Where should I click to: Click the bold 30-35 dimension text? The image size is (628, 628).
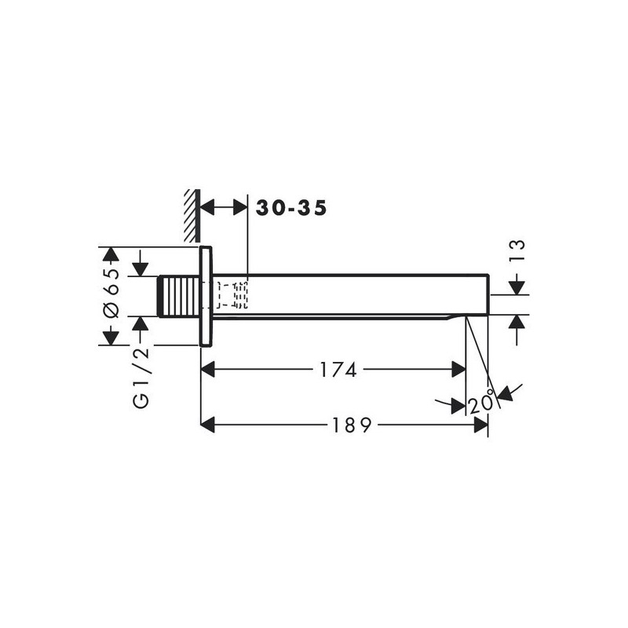pos(291,208)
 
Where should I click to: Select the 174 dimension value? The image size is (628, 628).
pos(338,370)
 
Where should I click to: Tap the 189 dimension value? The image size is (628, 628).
pos(352,425)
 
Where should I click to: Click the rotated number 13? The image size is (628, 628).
pos(517,250)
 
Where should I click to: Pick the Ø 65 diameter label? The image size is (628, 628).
pos(111,293)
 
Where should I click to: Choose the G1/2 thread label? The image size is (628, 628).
pos(141,378)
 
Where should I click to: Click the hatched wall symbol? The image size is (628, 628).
pos(192,216)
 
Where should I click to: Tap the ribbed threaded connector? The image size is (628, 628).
pos(179,297)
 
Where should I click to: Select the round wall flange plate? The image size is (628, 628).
pos(206,296)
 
